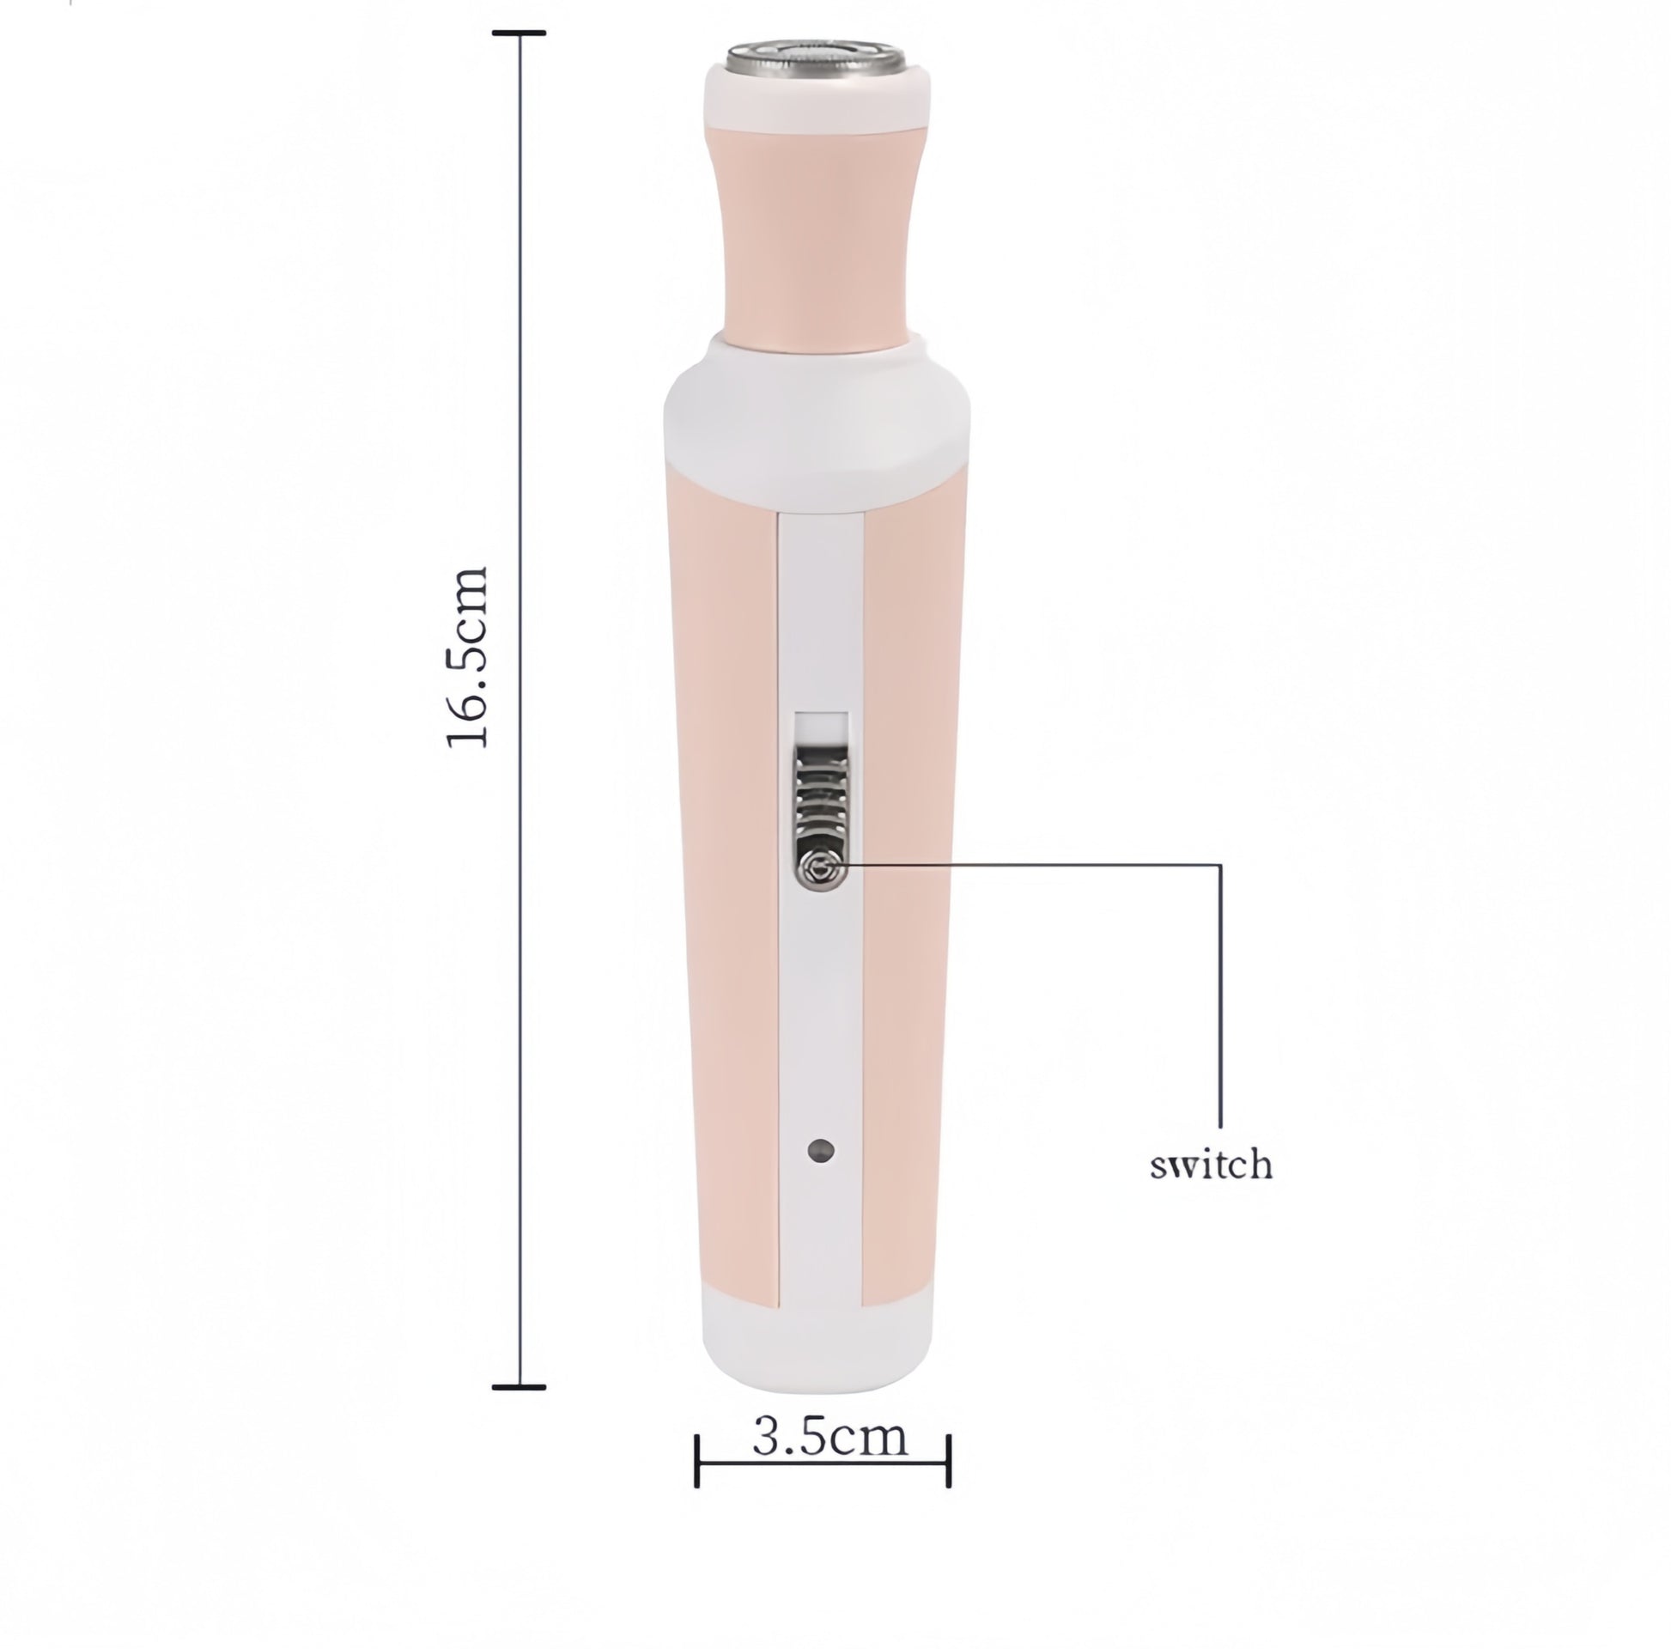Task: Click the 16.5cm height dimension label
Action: pos(468,658)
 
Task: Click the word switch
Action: pos(1211,1165)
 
